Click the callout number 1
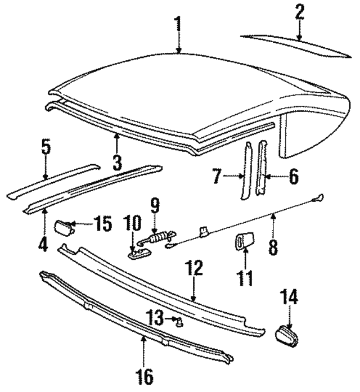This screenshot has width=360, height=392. coord(178,25)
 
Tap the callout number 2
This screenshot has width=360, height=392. coord(299,12)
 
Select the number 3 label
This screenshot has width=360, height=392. coord(116,163)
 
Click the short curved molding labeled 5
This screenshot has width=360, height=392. coord(53,179)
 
